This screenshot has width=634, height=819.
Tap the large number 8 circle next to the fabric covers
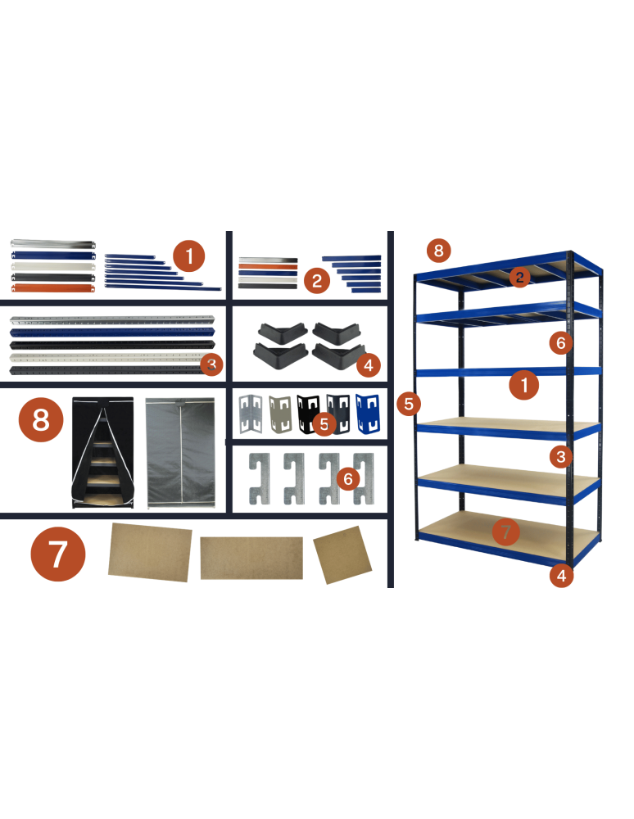tap(40, 420)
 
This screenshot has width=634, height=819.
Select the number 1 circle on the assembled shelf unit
tap(523, 384)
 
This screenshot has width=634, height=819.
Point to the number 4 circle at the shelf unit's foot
tap(560, 576)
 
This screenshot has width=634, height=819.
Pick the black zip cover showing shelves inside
tap(102, 453)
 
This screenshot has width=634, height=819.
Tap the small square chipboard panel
tap(342, 554)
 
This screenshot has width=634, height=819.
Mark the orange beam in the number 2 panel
tap(267, 266)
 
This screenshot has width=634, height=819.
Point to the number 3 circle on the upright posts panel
tap(211, 364)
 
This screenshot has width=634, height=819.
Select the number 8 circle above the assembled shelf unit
tap(438, 250)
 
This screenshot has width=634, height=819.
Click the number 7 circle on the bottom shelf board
tap(505, 532)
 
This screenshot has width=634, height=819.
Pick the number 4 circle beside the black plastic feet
tap(368, 365)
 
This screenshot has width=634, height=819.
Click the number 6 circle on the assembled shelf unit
tap(560, 342)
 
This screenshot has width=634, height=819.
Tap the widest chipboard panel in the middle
tap(252, 558)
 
